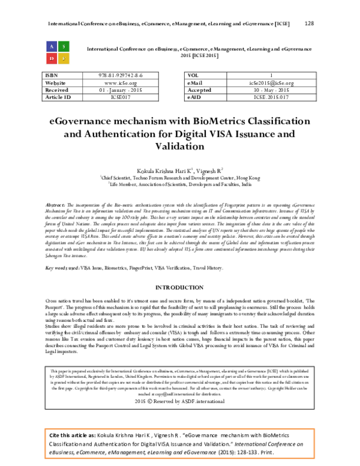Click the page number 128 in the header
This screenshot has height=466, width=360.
click(309, 23)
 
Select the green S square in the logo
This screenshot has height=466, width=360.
click(64, 46)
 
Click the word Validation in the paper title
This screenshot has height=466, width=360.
click(180, 145)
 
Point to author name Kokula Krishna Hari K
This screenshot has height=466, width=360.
click(163, 171)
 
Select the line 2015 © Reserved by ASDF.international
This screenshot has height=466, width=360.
click(180, 401)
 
